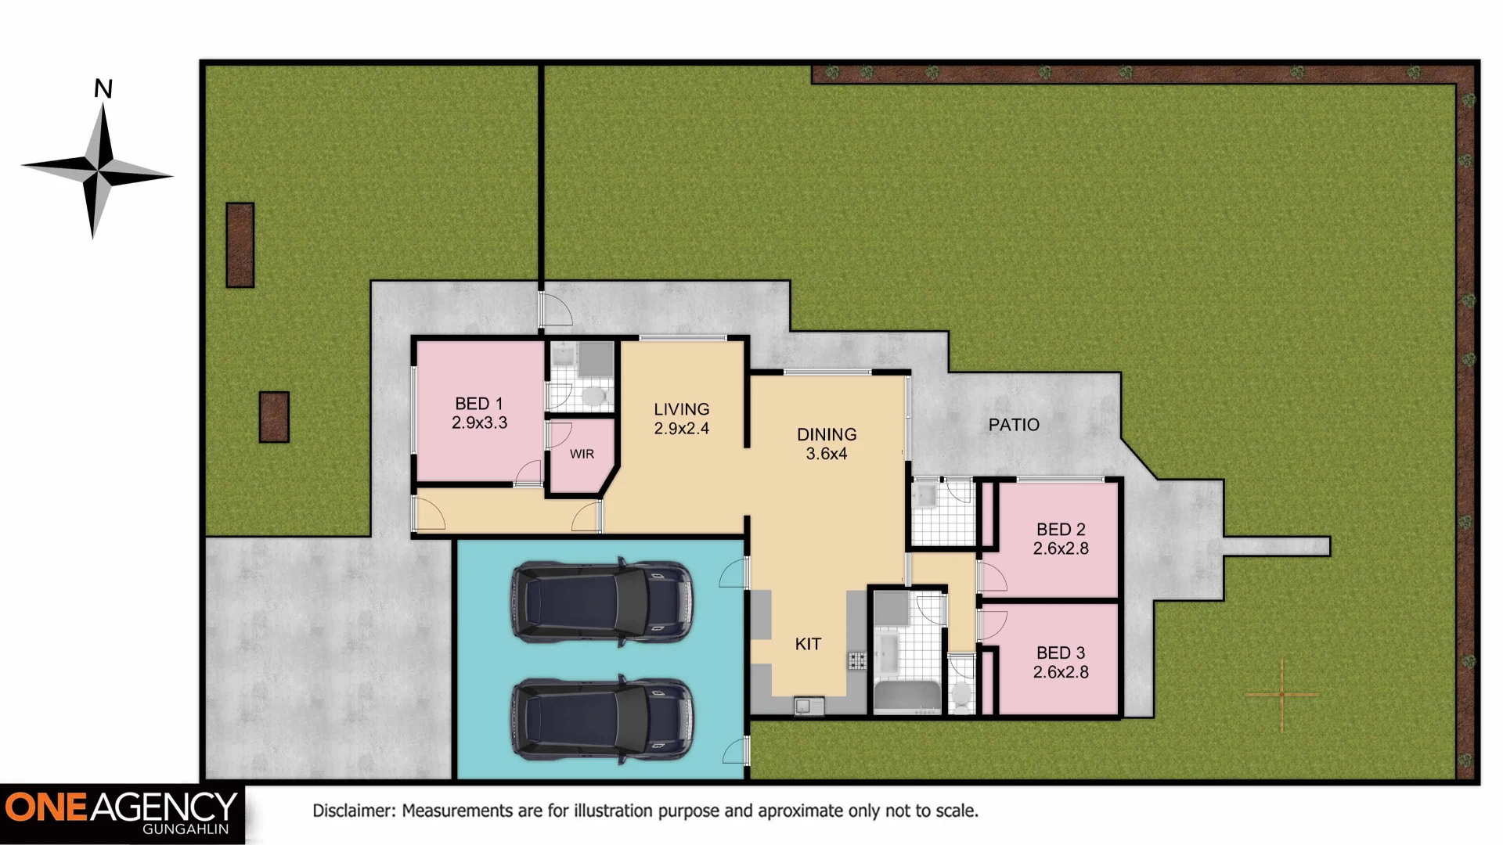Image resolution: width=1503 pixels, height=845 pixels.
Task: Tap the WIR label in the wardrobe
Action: pos(582,454)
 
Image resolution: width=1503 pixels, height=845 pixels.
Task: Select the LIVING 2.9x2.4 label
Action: pos(681,419)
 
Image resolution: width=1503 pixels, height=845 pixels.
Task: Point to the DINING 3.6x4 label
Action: pos(827,444)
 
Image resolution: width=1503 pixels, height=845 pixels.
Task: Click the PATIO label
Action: pos(1014,425)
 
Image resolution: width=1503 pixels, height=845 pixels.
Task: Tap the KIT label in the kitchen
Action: pos(808,644)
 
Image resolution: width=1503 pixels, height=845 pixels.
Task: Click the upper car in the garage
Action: pos(602,602)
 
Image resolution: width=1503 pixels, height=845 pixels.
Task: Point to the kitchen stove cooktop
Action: pos(857,661)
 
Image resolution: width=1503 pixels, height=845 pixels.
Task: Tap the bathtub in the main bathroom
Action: pos(907,697)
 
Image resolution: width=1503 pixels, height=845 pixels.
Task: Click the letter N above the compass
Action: pos(103,89)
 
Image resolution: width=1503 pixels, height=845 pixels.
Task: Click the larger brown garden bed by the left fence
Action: pos(240,245)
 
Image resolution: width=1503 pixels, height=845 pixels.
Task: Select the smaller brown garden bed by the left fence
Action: pos(274,417)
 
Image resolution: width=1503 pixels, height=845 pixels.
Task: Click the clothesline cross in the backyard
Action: pos(1281,694)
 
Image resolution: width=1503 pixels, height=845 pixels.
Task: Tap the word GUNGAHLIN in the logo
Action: pos(186,829)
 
